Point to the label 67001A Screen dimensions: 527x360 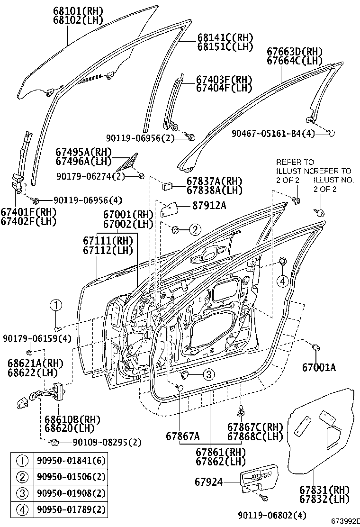coord(319,366)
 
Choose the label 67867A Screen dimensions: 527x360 coord(183,436)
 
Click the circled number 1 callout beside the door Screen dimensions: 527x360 coord(56,305)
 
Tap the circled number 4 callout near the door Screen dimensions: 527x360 coord(283,281)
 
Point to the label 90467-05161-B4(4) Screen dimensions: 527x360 coord(273,134)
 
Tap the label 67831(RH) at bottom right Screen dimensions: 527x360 coord(324,490)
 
